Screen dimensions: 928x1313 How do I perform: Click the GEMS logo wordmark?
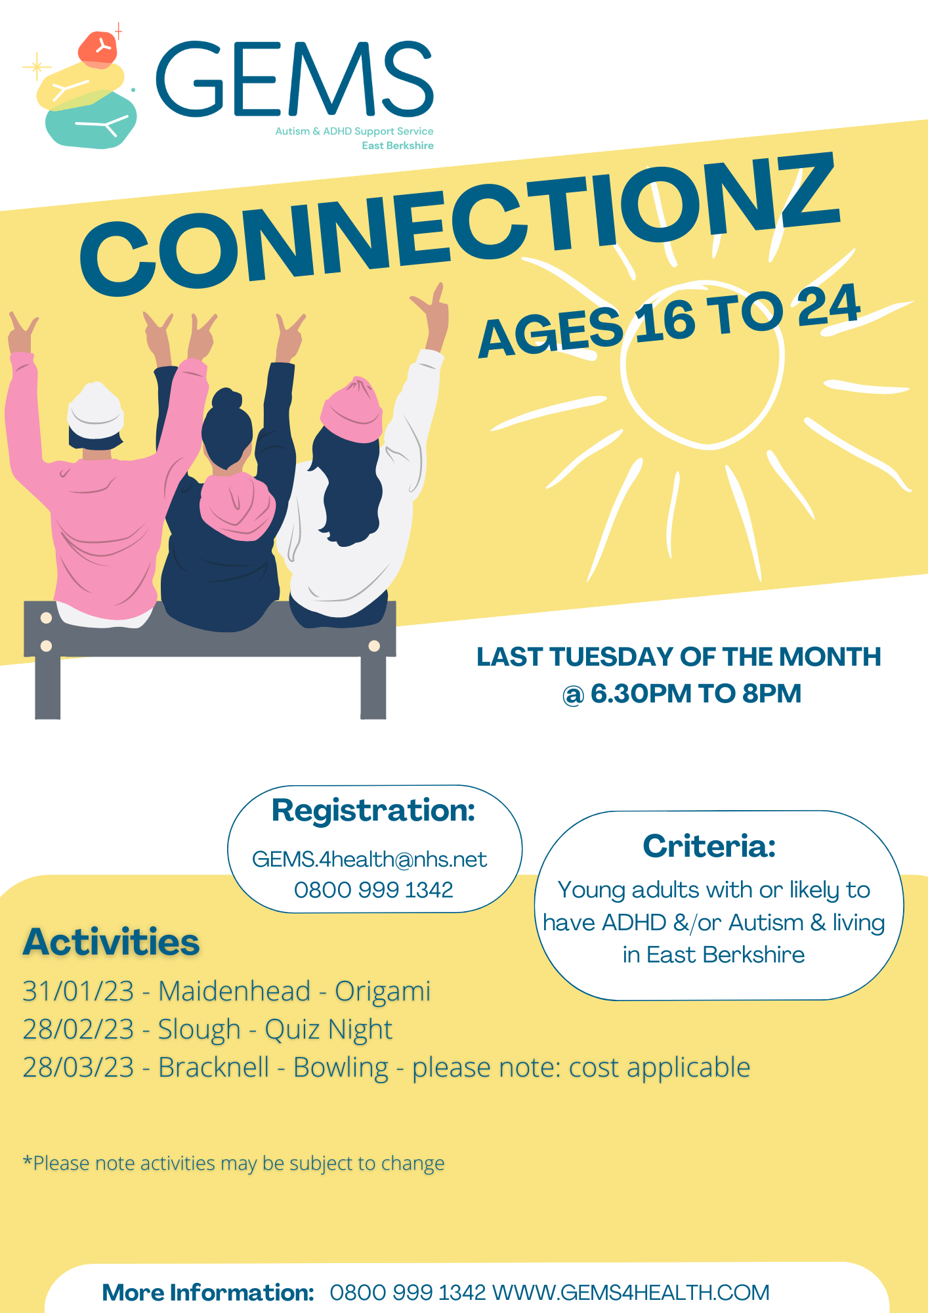pos(295,79)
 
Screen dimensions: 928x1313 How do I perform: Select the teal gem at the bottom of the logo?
pos(91,120)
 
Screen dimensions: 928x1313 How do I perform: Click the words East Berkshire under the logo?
pos(398,146)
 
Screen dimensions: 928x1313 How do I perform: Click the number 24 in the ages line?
pos(828,306)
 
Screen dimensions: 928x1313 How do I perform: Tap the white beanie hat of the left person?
pos(96,410)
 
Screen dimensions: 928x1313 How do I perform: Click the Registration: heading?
pos(373,810)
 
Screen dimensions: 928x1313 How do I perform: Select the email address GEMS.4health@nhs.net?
pos(369,859)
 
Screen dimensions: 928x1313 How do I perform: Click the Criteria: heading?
pos(709,846)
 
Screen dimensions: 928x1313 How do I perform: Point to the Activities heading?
pos(112,942)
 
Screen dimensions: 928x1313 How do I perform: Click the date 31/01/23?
pos(78,991)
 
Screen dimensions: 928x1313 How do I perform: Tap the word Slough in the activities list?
pos(199,1029)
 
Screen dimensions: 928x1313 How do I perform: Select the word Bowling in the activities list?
pos(341,1068)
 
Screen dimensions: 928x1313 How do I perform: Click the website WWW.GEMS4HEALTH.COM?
pos(631,1293)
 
